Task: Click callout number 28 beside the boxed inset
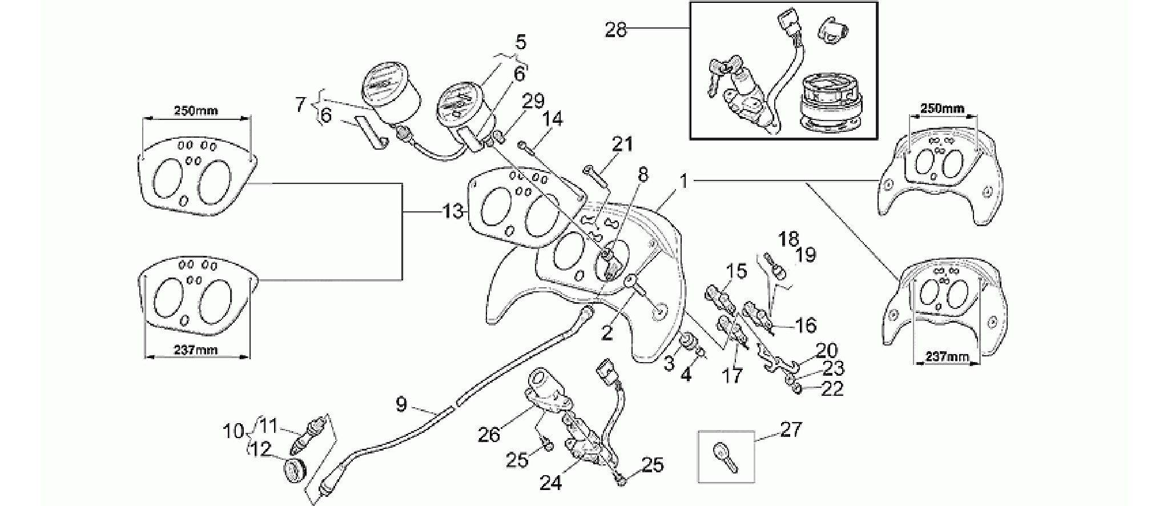pos(615,29)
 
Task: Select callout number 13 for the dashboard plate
pos(453,212)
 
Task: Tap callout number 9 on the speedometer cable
pos(401,405)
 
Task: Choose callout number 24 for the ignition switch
pos(551,483)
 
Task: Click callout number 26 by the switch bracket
pos(489,435)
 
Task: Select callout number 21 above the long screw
pos(622,144)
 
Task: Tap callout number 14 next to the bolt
pos(553,119)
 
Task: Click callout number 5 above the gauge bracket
pos(520,42)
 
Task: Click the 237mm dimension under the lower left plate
pos(195,350)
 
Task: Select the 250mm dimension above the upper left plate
pos(196,110)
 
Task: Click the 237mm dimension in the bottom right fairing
pos(946,357)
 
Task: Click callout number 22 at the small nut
pos(831,389)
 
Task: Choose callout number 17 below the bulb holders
pos(733,375)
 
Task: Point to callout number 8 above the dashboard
pos(643,175)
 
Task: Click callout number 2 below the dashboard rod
pos(607,332)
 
